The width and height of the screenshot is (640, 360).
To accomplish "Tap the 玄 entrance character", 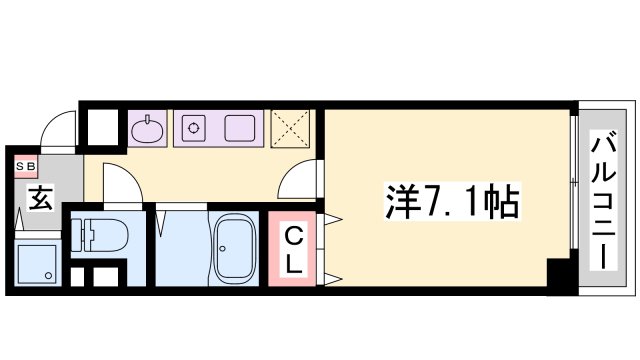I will pos(39,199).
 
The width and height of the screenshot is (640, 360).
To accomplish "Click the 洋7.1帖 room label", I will pos(451,202).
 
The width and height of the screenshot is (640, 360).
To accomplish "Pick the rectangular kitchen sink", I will pos(238,128).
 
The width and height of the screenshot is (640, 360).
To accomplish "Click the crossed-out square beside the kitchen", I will pos(294,129).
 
